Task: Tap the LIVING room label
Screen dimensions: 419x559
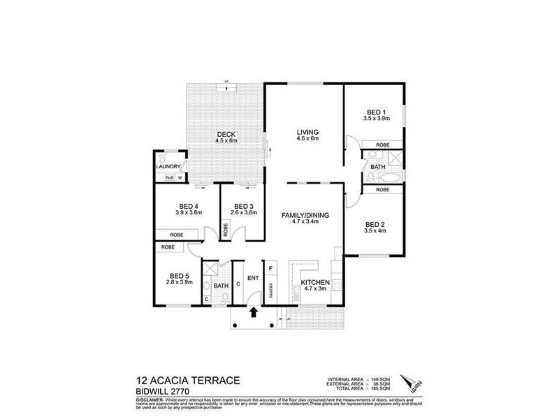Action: (x=307, y=132)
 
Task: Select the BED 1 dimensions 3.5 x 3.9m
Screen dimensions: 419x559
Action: (x=376, y=119)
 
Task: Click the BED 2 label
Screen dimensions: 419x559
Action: (x=376, y=223)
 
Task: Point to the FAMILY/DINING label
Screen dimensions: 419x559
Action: (x=305, y=215)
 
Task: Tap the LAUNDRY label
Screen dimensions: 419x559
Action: (x=169, y=166)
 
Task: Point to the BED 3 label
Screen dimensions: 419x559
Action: (x=242, y=206)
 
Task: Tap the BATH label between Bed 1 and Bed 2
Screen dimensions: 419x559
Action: (x=378, y=167)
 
